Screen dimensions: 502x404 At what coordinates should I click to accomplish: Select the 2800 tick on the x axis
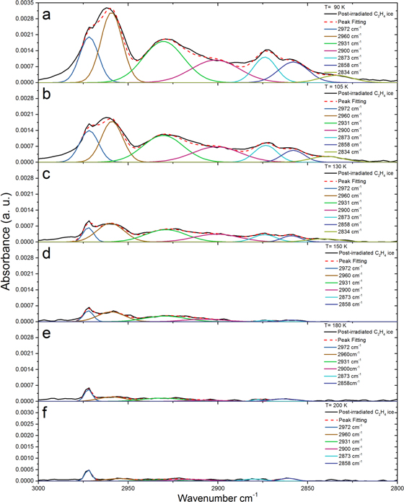point(395,488)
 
